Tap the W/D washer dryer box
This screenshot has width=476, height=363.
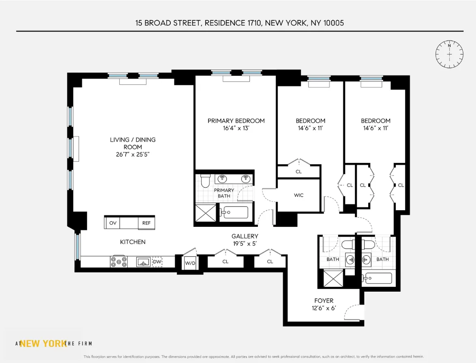click(190, 263)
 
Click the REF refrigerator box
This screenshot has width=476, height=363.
click(146, 223)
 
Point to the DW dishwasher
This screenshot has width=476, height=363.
click(157, 262)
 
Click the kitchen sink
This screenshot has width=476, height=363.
click(143, 262)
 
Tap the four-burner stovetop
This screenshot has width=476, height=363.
click(119, 262)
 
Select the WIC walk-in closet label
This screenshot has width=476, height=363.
click(299, 195)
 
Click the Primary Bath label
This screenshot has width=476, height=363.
click(224, 193)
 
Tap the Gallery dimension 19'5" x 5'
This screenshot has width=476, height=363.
click(245, 243)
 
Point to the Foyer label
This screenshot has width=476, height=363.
click(324, 301)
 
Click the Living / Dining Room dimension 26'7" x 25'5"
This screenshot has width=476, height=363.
click(133, 154)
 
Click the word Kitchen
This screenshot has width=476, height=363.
click(133, 242)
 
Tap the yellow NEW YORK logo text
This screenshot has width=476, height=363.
click(43, 344)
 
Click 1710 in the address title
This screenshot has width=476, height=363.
click(254, 23)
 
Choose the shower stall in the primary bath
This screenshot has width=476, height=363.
click(206, 212)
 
